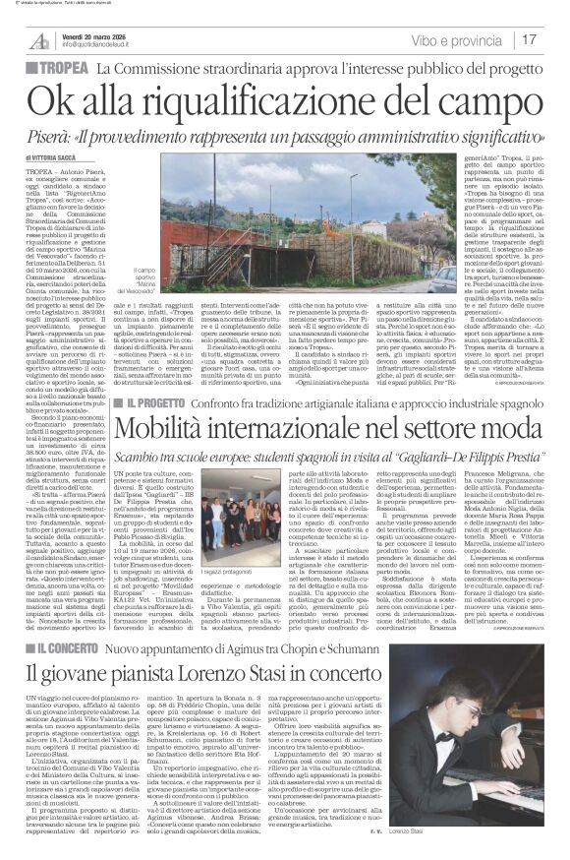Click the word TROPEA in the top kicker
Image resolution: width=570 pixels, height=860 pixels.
pos(63,68)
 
